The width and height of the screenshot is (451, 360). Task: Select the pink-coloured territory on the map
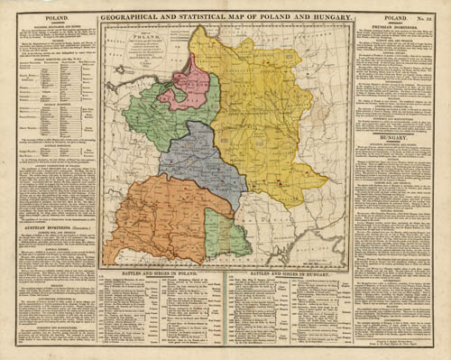pos(189,82)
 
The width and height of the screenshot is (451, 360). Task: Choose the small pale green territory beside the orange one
pos(225,233)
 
